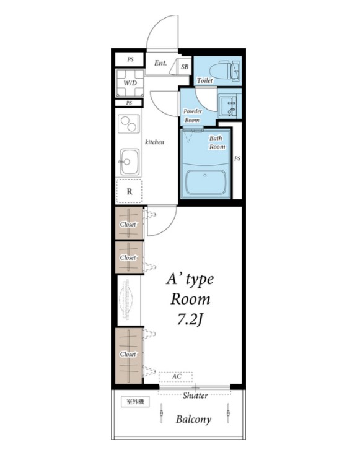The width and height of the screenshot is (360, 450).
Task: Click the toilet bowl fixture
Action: pyautogui.click(x=224, y=70)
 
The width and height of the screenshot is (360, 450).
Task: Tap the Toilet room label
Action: pyautogui.click(x=205, y=80)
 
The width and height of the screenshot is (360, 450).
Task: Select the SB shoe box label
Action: pyautogui.click(x=185, y=67)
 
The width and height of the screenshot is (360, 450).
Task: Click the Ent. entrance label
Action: pyautogui.click(x=160, y=63)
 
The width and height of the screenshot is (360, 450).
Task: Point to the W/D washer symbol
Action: pyautogui.click(x=130, y=83)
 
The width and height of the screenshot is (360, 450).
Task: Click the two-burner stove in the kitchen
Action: pyautogui.click(x=128, y=123)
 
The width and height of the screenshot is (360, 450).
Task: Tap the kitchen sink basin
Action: pyautogui.click(x=130, y=162)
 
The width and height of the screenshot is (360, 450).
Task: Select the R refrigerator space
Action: pyautogui.click(x=130, y=191)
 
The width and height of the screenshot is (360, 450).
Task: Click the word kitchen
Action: pyautogui.click(x=154, y=142)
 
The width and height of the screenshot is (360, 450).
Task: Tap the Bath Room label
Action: pyautogui.click(x=217, y=142)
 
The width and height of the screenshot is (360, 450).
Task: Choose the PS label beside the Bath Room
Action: pyautogui.click(x=237, y=158)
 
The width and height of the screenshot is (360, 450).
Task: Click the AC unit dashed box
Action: pyautogui.click(x=175, y=376)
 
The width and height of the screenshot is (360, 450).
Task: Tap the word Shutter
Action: pyautogui.click(x=195, y=396)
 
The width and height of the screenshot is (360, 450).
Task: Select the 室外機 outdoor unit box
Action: pyautogui.click(x=135, y=402)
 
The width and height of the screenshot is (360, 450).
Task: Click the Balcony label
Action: pyautogui.click(x=193, y=419)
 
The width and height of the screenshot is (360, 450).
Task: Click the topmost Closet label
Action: pyautogui.click(x=128, y=225)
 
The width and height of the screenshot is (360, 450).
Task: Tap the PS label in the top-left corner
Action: pyautogui.click(x=131, y=59)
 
